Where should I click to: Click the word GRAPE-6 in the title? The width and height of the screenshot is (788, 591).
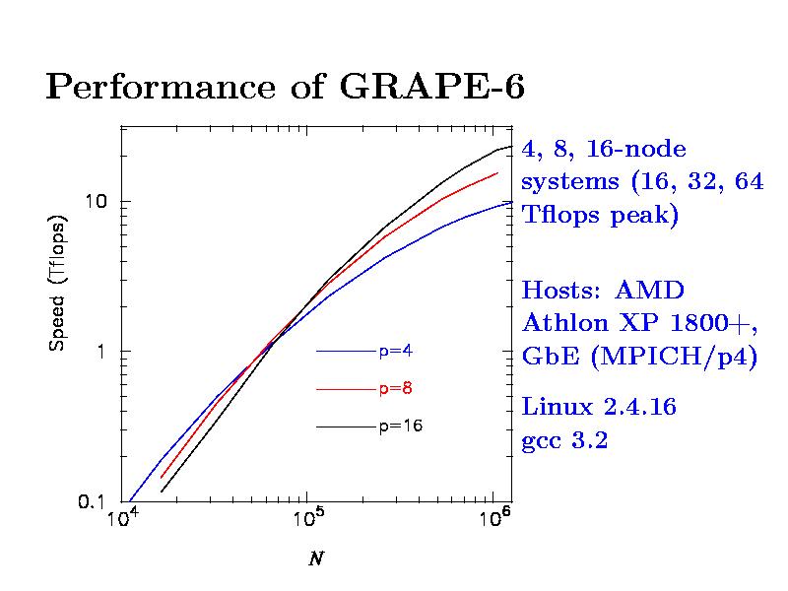point(431,88)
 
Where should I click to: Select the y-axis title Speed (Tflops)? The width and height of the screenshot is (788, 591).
point(59,283)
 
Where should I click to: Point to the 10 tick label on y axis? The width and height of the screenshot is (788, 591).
point(95,201)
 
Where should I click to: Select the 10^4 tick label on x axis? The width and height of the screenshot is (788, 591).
point(122,519)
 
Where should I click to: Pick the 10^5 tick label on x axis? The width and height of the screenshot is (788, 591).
point(308,519)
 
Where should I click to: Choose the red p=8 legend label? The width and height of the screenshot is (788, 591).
point(396,388)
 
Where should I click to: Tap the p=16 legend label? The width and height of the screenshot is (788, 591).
point(400,427)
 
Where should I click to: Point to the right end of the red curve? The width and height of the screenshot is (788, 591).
point(497,172)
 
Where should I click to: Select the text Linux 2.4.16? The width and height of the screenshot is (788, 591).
point(598,407)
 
